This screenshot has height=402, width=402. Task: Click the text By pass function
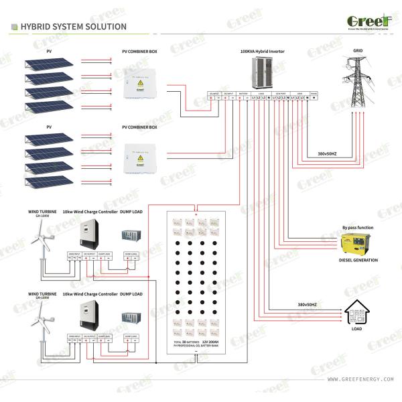click(x=358, y=227)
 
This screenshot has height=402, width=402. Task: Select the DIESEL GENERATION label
click(x=358, y=261)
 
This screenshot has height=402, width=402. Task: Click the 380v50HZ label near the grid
click(x=326, y=153)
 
